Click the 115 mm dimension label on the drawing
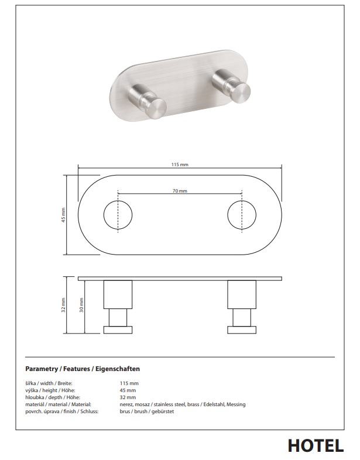(180, 164)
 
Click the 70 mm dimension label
(180, 191)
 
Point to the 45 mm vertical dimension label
(63, 215)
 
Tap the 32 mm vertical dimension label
(63, 305)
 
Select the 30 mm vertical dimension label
(81, 305)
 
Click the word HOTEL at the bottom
(316, 446)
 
